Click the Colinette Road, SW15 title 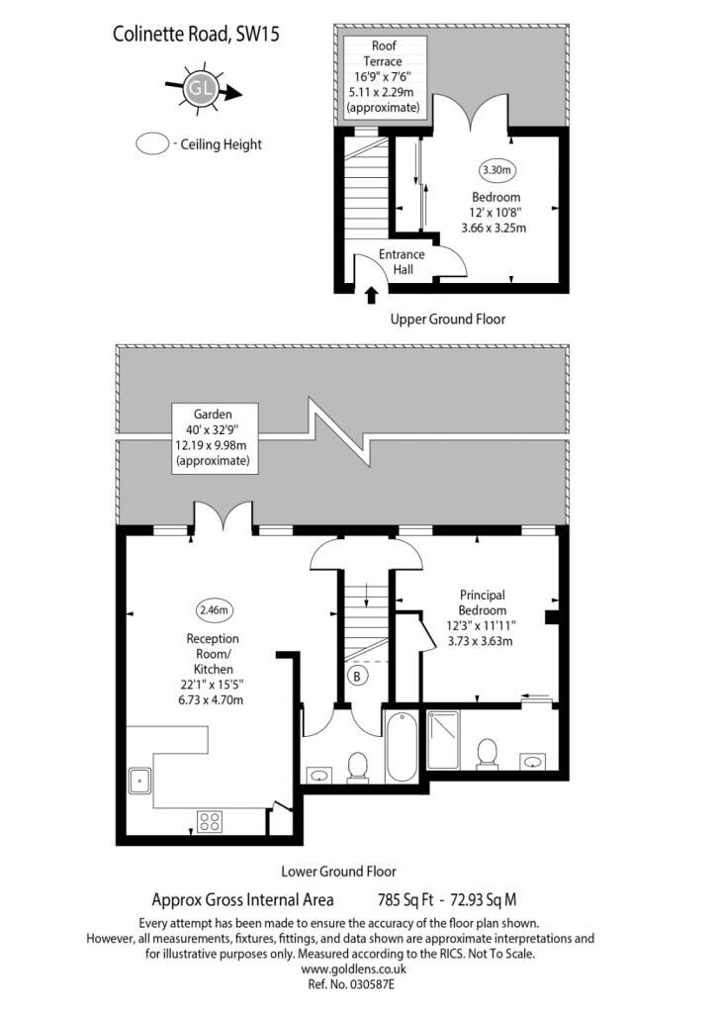(196, 34)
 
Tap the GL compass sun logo (200, 88)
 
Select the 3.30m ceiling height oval (497, 170)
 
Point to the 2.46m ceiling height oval (215, 609)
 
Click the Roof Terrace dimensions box (384, 77)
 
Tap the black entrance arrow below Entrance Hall (371, 295)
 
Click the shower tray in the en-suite (443, 739)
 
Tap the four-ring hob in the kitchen (210, 821)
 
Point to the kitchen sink (139, 780)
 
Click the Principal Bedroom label (483, 602)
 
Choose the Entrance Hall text (402, 261)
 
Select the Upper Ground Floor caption (448, 319)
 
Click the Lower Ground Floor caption (338, 872)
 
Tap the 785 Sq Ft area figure (405, 899)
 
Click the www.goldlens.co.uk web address (354, 969)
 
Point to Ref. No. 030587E (351, 984)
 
